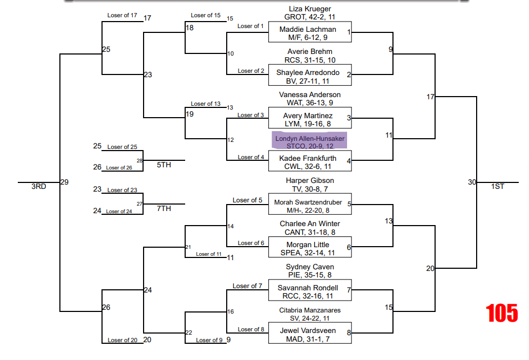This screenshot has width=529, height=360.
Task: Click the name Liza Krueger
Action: point(310,9)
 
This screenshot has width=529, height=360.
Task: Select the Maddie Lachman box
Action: point(310,33)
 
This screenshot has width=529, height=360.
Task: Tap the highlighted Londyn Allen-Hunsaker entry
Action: point(309,142)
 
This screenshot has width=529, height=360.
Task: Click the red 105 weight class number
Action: point(501,313)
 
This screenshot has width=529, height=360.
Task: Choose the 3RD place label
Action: point(38,186)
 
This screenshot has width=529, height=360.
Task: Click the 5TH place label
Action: point(164,165)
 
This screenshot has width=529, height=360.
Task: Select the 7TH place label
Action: point(164,208)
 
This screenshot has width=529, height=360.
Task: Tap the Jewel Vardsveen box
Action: point(310,335)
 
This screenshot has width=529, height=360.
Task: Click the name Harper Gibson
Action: point(310,180)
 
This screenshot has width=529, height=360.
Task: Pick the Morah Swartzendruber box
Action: point(310,206)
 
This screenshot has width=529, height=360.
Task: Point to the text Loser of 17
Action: point(122,15)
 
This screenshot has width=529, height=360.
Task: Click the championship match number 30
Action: point(472,182)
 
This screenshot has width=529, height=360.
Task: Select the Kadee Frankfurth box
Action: point(310,162)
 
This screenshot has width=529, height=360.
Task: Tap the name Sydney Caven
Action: point(310,267)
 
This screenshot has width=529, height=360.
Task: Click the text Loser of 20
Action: point(122,340)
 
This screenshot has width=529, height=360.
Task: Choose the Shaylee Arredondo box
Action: point(310,77)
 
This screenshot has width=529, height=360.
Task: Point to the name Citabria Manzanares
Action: point(310,310)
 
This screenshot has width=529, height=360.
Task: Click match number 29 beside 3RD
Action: point(64,182)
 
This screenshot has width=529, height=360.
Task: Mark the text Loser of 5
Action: point(247,200)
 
